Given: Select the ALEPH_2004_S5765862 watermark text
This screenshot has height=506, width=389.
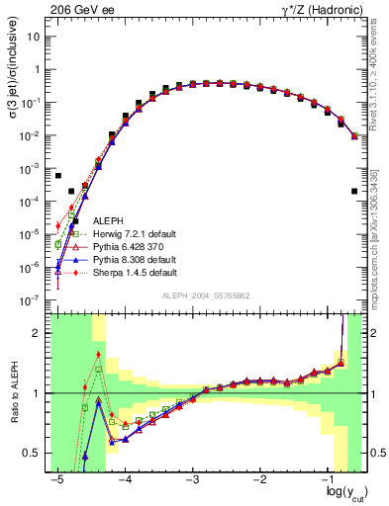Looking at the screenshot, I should pos(204,295).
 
